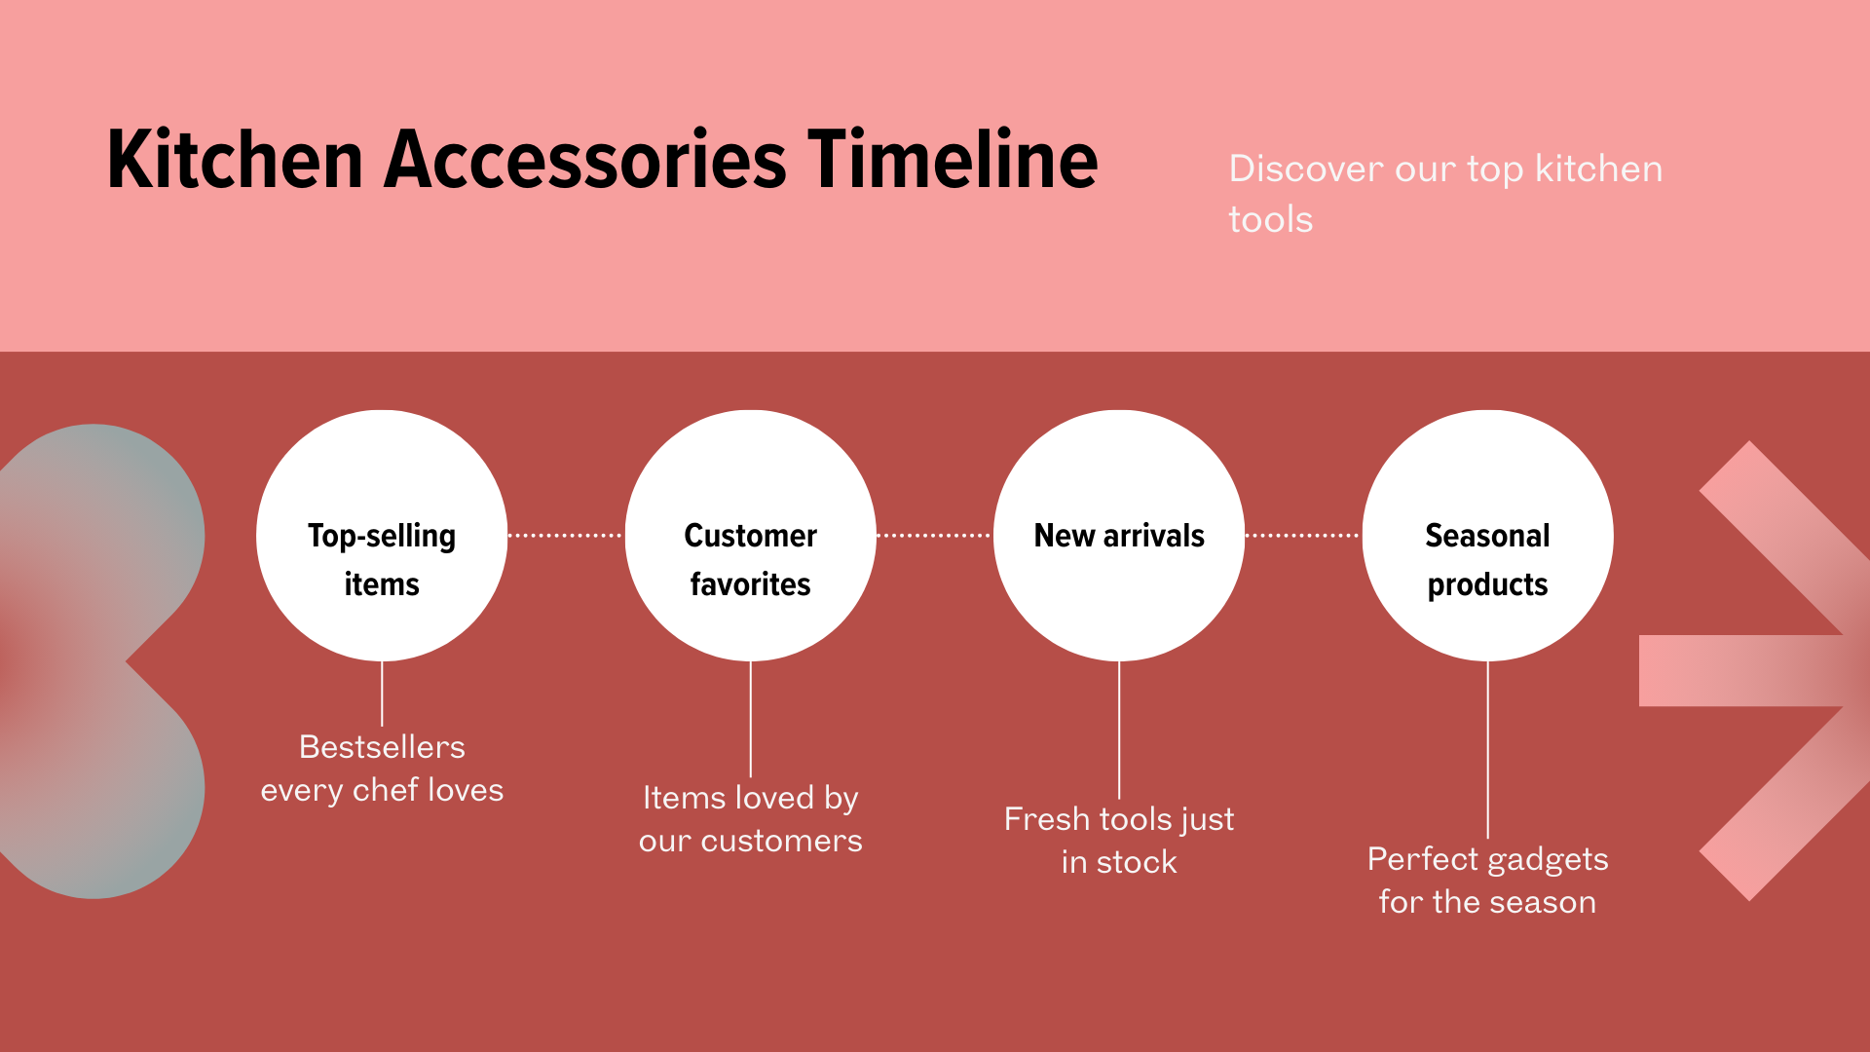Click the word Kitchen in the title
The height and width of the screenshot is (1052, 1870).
point(235,159)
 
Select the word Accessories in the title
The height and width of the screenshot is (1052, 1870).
point(584,159)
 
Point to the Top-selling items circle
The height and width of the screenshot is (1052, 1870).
point(382,536)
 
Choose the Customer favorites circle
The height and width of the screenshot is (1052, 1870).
point(750,536)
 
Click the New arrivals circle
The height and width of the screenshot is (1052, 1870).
point(1119,536)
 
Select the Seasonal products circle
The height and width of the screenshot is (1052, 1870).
point(1487,536)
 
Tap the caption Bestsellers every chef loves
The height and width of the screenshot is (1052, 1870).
point(382,769)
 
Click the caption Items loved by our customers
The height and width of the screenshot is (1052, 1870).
point(750,819)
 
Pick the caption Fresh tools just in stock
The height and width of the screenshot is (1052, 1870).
point(1119,841)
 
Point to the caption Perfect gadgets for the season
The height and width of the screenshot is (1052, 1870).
point(1487,881)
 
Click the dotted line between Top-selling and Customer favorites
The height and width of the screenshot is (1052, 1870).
point(566,536)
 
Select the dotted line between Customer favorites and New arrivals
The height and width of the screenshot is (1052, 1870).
point(934,536)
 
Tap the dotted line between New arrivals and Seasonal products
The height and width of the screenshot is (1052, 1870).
point(1303,536)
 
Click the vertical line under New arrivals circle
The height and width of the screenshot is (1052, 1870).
point(1119,731)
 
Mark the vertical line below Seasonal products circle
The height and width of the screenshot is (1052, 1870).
point(1487,750)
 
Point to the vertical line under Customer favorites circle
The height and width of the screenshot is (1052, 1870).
point(750,720)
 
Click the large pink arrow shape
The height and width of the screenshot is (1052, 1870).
point(1743,670)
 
